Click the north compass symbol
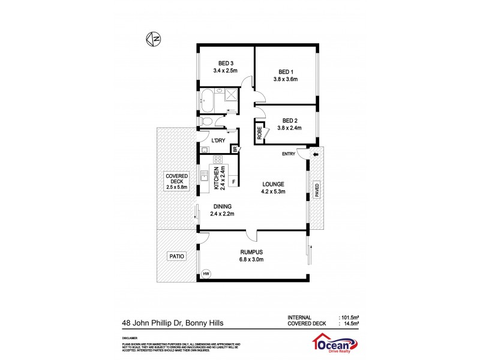(154, 40)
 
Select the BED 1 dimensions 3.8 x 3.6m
(286, 79)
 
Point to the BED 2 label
(289, 119)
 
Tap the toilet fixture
(207, 121)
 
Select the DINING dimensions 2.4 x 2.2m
(222, 214)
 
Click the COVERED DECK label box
(177, 181)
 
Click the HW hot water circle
(206, 274)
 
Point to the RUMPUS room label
(252, 252)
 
